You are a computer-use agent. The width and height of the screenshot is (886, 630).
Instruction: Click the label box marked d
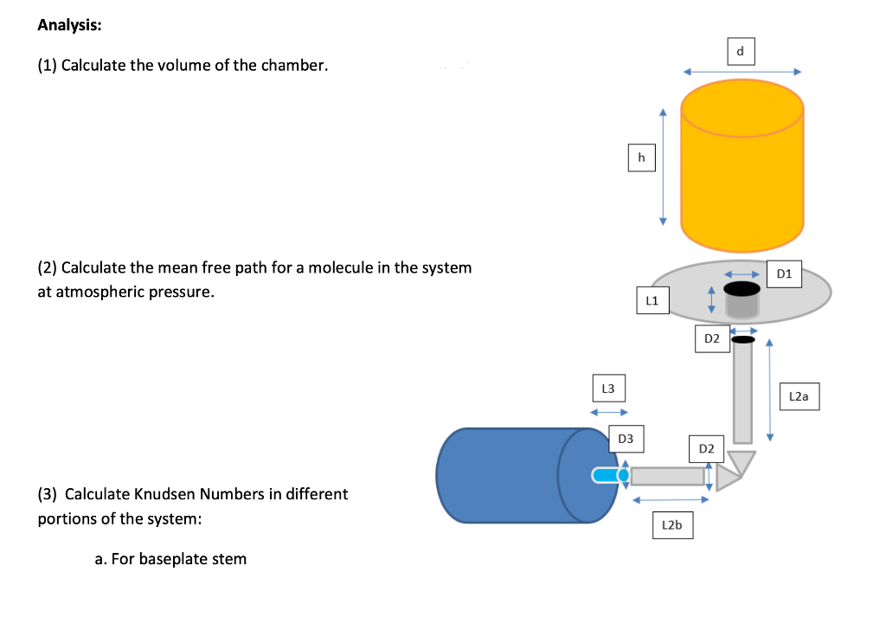pyautogui.click(x=740, y=51)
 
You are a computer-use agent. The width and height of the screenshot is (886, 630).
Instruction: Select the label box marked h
pyautogui.click(x=641, y=157)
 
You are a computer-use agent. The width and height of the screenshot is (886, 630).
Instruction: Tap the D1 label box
pyautogui.click(x=785, y=274)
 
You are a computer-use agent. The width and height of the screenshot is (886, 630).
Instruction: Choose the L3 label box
pyautogui.click(x=607, y=389)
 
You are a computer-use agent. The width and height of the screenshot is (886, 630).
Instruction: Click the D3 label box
pyautogui.click(x=626, y=439)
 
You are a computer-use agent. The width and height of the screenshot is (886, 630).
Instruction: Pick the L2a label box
pyautogui.click(x=799, y=396)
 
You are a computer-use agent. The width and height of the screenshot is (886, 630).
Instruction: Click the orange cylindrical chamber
pyautogui.click(x=742, y=173)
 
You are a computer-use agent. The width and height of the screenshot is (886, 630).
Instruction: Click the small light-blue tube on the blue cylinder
pyautogui.click(x=609, y=474)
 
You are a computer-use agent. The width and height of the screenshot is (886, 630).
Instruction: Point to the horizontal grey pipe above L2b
pyautogui.click(x=667, y=475)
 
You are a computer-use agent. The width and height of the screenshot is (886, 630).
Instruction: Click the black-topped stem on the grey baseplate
pyautogui.click(x=742, y=299)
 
